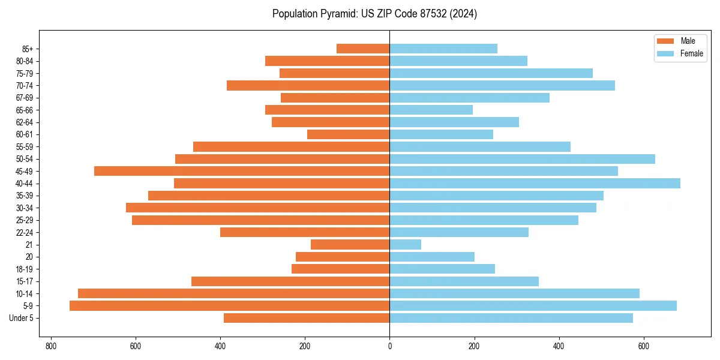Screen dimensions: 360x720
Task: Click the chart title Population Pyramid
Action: (x=374, y=14)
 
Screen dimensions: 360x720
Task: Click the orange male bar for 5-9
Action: (x=230, y=306)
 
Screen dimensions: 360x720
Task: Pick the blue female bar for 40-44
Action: (x=535, y=184)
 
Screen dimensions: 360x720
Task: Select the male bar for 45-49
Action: (x=242, y=171)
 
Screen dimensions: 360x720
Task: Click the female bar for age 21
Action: (x=406, y=245)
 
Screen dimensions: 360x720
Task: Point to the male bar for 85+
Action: (x=363, y=49)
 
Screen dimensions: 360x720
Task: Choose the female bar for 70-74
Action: (x=502, y=86)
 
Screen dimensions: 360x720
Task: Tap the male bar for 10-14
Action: (x=234, y=293)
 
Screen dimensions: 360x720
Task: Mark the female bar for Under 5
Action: (x=511, y=318)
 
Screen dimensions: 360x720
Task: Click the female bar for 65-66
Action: (x=431, y=110)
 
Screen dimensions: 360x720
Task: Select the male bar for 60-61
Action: (x=349, y=134)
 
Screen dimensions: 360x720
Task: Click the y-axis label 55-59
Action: (x=25, y=147)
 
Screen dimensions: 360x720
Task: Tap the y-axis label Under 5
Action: (x=21, y=318)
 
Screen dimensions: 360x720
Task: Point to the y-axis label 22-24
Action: (x=25, y=233)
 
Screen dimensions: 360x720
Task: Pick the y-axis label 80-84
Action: (x=25, y=61)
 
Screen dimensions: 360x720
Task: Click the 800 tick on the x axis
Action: (x=51, y=346)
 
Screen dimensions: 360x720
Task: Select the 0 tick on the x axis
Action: (x=390, y=346)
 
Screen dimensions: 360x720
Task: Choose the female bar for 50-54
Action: (x=523, y=159)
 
